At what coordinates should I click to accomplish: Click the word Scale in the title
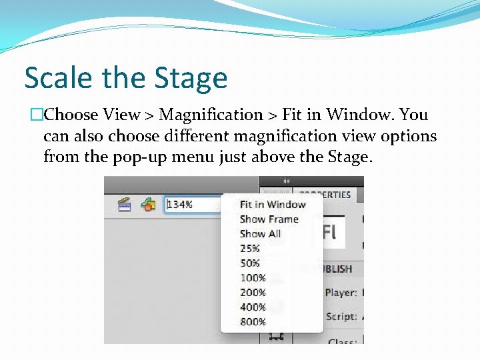(57, 78)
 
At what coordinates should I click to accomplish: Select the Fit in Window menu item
(272, 205)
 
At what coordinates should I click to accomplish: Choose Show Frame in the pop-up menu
(269, 219)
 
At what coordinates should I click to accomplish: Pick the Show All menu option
(260, 234)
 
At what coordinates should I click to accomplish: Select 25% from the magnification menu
(249, 249)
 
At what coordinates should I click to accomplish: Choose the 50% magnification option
(249, 263)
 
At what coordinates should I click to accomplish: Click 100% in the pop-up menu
(253, 278)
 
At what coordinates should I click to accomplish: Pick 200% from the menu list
(253, 293)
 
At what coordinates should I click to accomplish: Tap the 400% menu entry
(253, 307)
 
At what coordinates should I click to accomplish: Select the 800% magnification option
(253, 322)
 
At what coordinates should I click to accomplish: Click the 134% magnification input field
(190, 205)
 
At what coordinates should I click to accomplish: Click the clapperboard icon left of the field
(124, 205)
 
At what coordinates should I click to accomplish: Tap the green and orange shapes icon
(147, 205)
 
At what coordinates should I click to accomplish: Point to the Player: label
(341, 293)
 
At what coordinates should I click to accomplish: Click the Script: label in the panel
(341, 317)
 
